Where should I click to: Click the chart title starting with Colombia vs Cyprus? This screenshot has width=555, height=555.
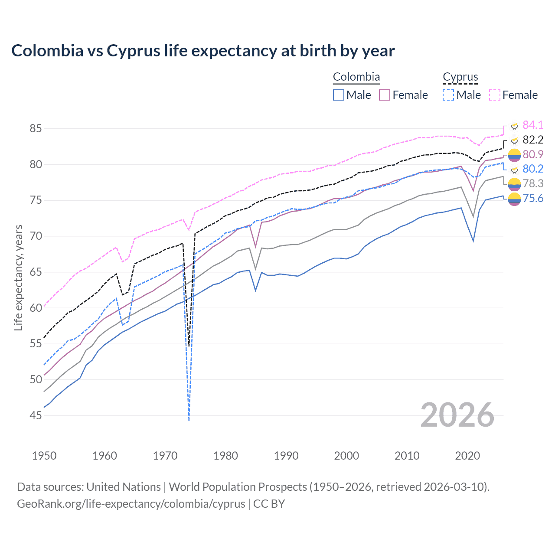coord(203,51)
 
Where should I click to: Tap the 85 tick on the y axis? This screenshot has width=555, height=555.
coord(36,129)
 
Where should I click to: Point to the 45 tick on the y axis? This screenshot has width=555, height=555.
coord(36,415)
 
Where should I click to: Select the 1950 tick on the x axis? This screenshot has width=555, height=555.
coord(44,456)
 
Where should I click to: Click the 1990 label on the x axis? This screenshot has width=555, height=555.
coord(286,456)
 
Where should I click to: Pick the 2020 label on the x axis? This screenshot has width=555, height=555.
coord(467,456)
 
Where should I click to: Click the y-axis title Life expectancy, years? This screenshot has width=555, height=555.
coord(18,277)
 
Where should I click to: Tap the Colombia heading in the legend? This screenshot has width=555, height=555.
coord(356,77)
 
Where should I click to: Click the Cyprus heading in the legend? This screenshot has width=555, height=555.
coord(460,77)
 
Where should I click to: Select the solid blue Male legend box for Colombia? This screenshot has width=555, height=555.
coord(339,95)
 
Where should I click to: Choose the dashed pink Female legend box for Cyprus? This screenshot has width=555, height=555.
coord(495,95)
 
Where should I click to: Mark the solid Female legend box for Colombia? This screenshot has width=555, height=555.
coord(385,95)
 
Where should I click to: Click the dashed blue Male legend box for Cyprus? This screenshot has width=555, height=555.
coord(448,95)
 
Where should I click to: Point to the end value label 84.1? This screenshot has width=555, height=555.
coord(532,125)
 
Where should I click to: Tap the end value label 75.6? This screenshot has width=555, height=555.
coord(532,199)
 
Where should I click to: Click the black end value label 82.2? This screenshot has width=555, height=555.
coord(532,140)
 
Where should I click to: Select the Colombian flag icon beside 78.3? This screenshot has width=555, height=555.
coord(514,184)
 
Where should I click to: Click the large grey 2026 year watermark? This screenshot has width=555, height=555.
coord(457,415)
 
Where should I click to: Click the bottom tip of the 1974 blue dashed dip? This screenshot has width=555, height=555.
coord(189,420)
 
